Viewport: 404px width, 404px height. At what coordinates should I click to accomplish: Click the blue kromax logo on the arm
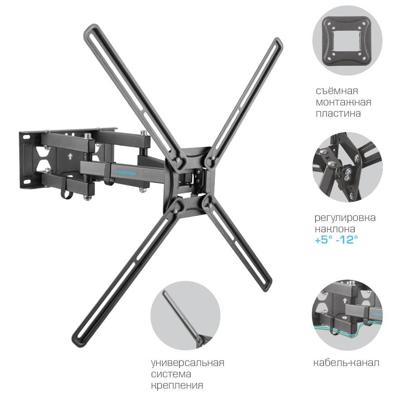[125, 173]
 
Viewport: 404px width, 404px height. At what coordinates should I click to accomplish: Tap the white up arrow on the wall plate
[69, 156]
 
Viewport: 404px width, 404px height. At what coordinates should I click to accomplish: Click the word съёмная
[337, 90]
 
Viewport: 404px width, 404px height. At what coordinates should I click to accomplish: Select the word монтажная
[343, 102]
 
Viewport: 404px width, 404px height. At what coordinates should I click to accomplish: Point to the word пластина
[338, 114]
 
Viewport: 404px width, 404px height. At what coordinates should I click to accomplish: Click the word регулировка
[345, 218]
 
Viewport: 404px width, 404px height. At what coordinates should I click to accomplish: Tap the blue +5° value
[324, 240]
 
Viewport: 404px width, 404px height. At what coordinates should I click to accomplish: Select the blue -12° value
[347, 240]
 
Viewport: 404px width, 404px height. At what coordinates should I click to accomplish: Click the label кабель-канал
[346, 362]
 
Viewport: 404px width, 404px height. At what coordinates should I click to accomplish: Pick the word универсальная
[187, 363]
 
